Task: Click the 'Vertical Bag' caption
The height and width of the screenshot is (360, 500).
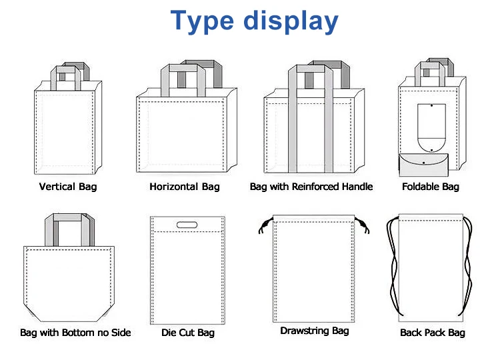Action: tap(68, 187)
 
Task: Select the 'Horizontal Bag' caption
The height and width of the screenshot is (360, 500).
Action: tap(185, 187)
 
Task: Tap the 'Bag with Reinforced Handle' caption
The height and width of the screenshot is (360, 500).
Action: tap(311, 187)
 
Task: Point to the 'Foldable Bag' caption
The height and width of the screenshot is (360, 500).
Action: tap(431, 187)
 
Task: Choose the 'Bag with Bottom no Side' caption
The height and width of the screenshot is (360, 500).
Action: tap(75, 332)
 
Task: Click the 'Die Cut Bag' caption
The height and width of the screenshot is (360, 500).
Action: tap(188, 332)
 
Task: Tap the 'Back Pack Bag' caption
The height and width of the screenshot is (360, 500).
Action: tap(433, 332)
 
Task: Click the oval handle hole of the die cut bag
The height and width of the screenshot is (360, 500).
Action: tap(187, 225)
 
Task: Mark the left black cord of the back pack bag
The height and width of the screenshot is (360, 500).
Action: tap(390, 267)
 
